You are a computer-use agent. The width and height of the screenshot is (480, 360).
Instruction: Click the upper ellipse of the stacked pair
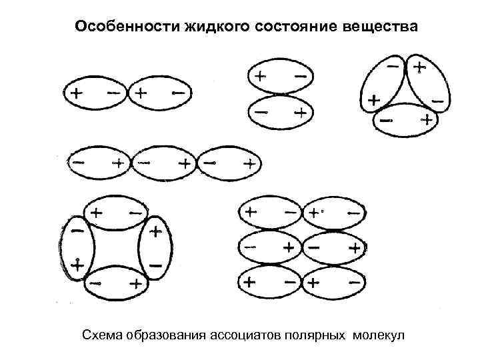(279, 77)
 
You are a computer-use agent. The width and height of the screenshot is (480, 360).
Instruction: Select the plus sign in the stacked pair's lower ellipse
(301, 113)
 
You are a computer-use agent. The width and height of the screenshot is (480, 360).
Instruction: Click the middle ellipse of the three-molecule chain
(165, 163)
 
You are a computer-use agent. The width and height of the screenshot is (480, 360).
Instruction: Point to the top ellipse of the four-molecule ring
(115, 214)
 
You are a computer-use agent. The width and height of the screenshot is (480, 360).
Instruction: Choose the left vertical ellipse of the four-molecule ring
(77, 248)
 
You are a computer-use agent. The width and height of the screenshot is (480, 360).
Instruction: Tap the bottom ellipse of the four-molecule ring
(115, 283)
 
